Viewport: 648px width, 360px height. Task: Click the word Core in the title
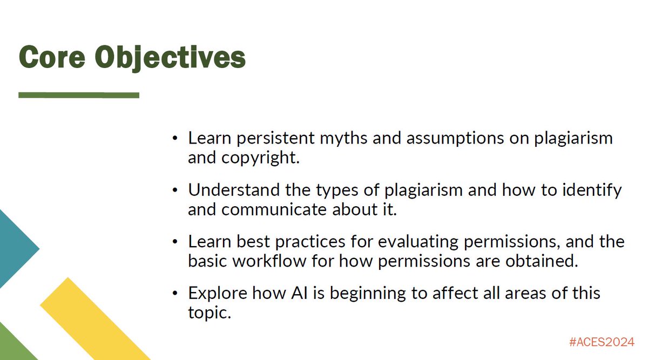tap(52, 57)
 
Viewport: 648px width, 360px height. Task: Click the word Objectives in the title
tap(170, 58)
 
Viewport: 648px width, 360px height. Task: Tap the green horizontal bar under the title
tap(79, 95)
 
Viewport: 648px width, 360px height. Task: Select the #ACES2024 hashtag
tap(602, 342)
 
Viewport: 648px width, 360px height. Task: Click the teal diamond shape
tap(16, 249)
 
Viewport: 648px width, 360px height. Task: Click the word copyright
tap(260, 158)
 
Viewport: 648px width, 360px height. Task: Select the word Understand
tap(234, 190)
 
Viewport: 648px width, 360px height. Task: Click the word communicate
tap(274, 209)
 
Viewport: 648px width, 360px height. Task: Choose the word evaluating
tap(418, 242)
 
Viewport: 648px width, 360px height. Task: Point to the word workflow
tap(269, 261)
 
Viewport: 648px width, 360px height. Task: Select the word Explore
tap(218, 294)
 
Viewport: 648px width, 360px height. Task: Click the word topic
tap(210, 313)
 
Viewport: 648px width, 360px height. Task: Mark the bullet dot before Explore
tap(175, 293)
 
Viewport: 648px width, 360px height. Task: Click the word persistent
tap(275, 139)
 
